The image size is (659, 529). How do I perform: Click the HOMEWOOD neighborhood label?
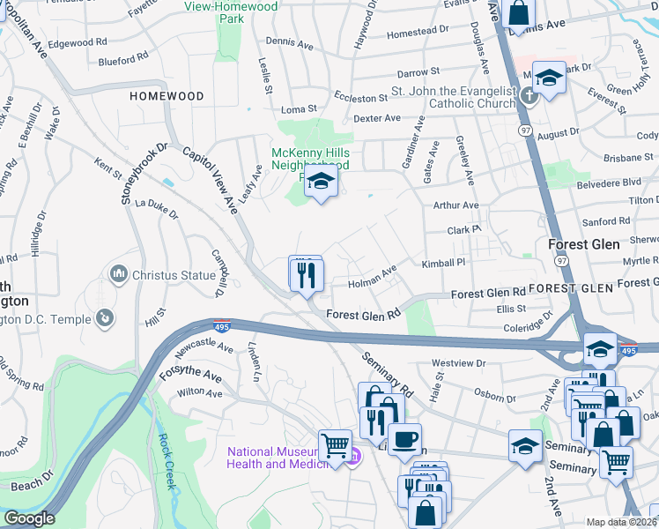click(167, 96)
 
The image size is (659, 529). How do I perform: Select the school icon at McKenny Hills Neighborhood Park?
click(322, 183)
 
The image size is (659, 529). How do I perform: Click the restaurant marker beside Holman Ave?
click(305, 275)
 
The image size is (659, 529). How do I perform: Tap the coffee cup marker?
click(404, 439)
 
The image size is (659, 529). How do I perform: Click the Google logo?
click(28, 518)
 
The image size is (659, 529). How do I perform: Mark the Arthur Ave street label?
click(455, 205)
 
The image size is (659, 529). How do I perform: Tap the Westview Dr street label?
click(458, 362)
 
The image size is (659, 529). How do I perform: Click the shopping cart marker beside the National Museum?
click(335, 446)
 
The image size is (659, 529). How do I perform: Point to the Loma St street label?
click(298, 109)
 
